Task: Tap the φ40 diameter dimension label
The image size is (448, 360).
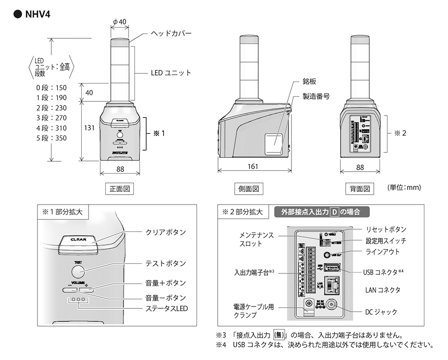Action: coord(120,22)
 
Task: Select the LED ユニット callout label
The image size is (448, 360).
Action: coord(170,73)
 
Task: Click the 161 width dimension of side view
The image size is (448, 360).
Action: coord(252,167)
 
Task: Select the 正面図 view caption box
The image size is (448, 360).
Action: coord(120,188)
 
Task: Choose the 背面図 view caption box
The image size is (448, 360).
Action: coord(360,188)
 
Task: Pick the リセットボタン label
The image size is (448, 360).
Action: coord(386,229)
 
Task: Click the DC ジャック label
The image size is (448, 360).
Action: coord(381,312)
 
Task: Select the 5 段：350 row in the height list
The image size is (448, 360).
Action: coord(51,138)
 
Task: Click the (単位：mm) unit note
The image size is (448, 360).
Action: coord(405,188)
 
